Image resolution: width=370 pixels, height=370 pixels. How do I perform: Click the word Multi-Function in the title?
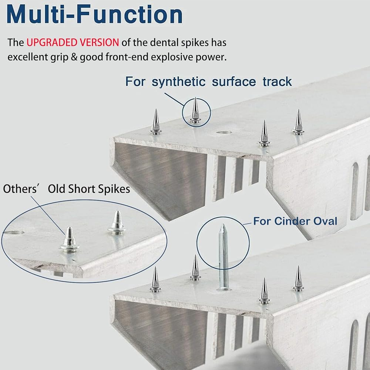point(94,14)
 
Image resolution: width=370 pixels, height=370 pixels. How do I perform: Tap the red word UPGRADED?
point(52,43)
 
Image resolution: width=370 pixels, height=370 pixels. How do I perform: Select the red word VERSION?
point(99,43)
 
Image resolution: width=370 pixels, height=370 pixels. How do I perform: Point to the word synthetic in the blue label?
point(179,82)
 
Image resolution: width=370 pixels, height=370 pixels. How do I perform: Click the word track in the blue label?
point(277,82)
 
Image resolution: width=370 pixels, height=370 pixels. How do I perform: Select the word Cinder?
point(292,221)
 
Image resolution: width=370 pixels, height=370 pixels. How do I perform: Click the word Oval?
point(325,221)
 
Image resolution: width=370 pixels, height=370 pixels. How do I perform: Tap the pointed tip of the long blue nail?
point(222,225)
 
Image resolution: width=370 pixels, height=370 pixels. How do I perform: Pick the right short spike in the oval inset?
point(117,222)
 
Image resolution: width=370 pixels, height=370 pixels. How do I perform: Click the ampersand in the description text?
point(74,57)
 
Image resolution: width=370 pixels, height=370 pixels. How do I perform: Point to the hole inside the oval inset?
point(14,233)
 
